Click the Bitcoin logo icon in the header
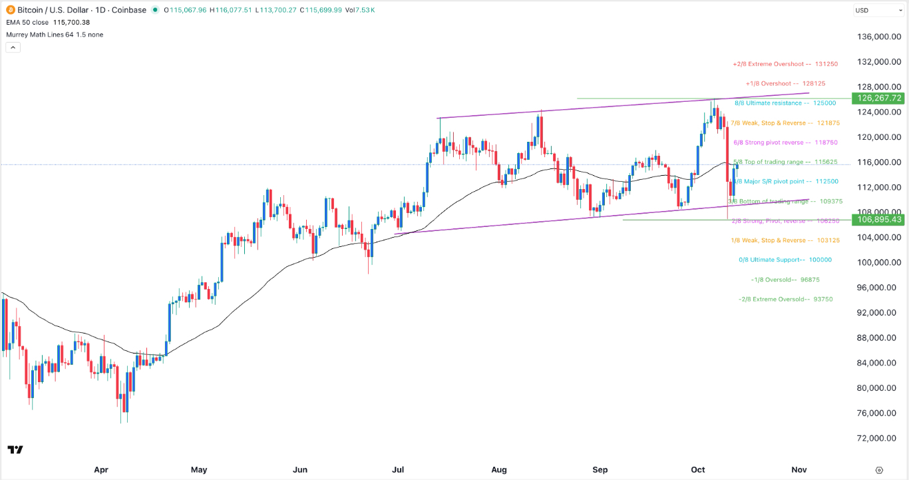[x=9, y=10]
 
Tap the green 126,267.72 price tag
[x=880, y=98]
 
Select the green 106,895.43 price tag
[x=880, y=220]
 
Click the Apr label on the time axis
[x=101, y=469]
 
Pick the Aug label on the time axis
[x=499, y=469]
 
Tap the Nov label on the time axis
[x=799, y=469]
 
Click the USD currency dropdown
[x=878, y=10]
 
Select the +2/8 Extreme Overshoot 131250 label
[x=785, y=64]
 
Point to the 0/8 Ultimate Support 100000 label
[x=785, y=260]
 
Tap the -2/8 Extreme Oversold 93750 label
[x=785, y=299]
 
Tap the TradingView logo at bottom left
[x=15, y=450]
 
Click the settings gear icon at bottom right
[x=880, y=469]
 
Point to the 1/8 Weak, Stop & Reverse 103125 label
[x=771, y=240]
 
